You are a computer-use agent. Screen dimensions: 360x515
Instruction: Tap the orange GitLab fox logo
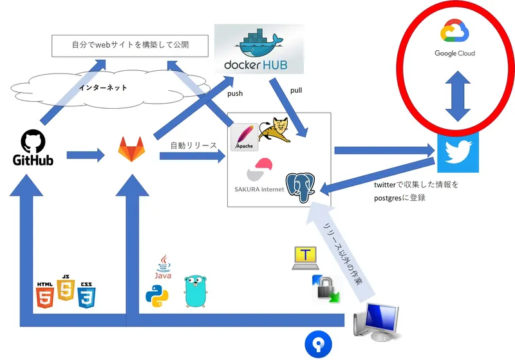click(x=131, y=149)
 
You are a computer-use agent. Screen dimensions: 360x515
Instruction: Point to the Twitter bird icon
click(x=458, y=153)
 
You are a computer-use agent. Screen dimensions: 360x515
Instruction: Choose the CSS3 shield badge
click(x=86, y=294)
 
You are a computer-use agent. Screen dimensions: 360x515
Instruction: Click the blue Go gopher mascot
click(x=198, y=291)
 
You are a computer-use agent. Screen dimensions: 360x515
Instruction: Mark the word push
click(x=235, y=93)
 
